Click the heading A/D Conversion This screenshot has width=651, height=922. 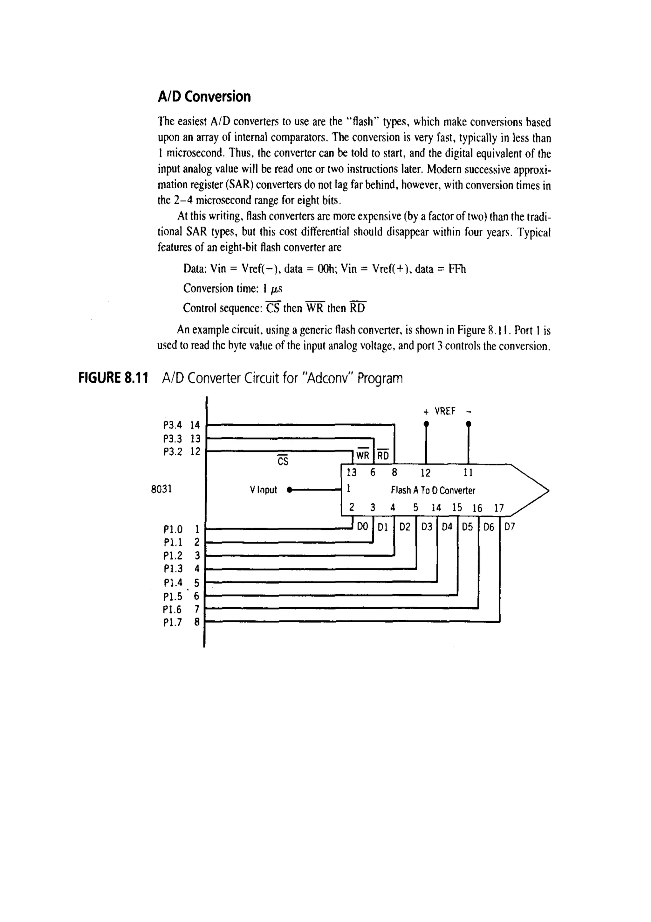(204, 97)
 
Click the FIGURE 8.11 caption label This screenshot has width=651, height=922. (113, 378)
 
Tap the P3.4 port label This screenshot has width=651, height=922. (173, 425)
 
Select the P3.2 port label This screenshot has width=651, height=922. (173, 452)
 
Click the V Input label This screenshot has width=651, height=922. (263, 490)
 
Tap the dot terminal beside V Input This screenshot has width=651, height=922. (290, 490)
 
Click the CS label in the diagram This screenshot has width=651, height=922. (283, 461)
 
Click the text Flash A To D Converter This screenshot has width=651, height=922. (433, 490)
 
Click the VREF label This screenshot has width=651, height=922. (445, 411)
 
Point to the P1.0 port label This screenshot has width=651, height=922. (173, 529)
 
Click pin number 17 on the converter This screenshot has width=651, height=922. (498, 508)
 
